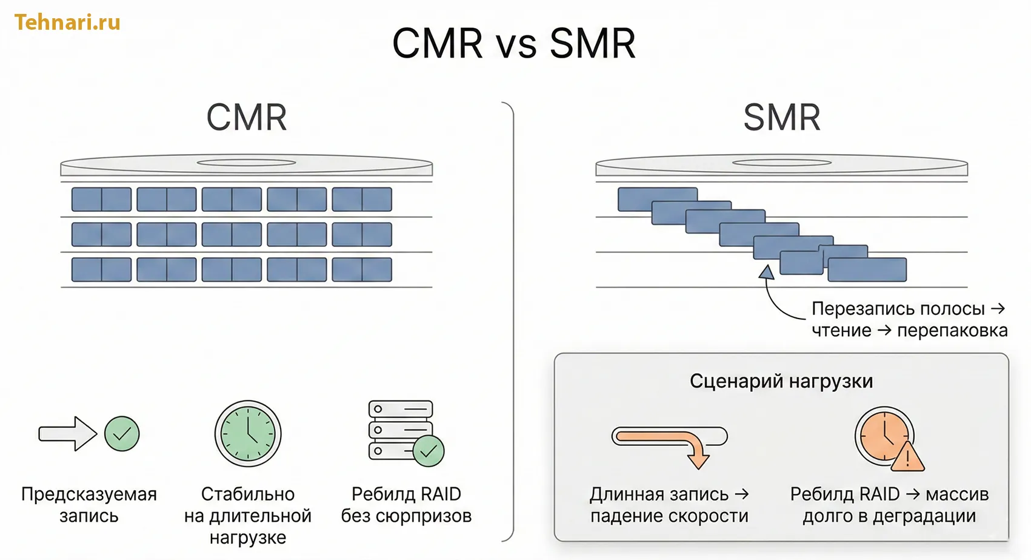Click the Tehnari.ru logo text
pos(67,22)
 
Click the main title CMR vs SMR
pos(514,44)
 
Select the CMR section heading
pos(246,117)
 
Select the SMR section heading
pos(781,117)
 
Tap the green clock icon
pos(248,433)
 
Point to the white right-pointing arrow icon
pos(67,433)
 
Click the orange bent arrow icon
pos(669,443)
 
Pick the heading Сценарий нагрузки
pos(781,381)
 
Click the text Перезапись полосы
pos(898,309)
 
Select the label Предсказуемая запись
pos(89,505)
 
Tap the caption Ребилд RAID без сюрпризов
pos(406,505)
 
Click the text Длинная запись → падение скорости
pos(669,505)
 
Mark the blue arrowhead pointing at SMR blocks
pos(767,272)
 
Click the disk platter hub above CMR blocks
pos(246,163)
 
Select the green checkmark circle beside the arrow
pos(122,433)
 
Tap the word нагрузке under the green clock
pos(247,538)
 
